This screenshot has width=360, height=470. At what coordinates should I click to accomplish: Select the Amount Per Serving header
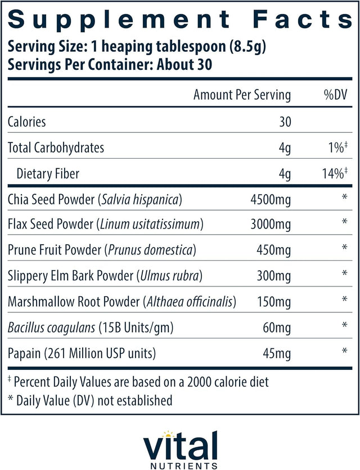242,95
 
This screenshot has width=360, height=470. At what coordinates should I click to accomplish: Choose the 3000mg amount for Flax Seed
271,225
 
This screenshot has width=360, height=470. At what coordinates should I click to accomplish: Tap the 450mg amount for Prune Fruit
274,250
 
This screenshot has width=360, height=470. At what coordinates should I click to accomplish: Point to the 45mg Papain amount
277,354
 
